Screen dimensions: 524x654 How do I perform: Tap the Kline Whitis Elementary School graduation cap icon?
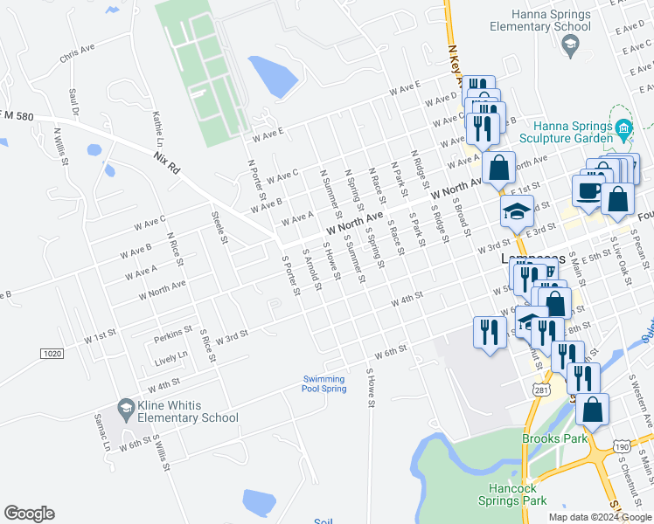point(126,408)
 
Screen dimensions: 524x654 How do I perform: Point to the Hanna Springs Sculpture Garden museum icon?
point(623,131)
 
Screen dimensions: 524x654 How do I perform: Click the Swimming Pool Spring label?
point(324,383)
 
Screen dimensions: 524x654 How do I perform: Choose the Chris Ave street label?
point(77,55)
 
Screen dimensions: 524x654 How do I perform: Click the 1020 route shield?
point(52,353)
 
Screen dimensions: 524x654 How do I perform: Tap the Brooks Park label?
point(554,438)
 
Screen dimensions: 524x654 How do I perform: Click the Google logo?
point(29,514)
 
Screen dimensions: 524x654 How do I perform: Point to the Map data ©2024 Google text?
point(600,517)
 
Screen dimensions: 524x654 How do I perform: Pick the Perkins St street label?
point(173,332)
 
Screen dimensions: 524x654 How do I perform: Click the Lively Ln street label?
point(170,356)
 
